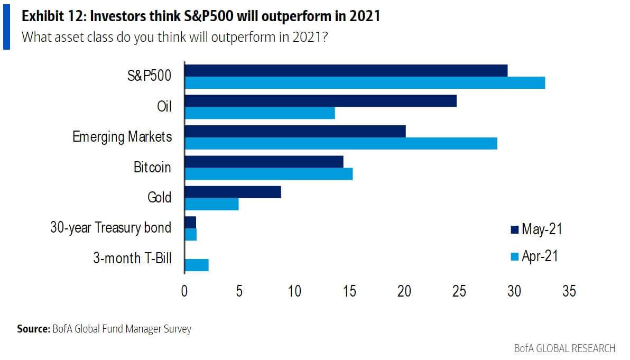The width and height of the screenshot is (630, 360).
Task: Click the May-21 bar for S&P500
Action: pos(346,70)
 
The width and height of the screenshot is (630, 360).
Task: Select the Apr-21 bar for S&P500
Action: pos(365,82)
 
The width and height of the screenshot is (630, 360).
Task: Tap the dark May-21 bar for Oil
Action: pos(320,101)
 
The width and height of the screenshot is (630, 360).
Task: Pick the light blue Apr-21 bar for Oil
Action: pos(260,113)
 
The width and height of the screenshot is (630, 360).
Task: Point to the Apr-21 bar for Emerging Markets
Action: pos(340,143)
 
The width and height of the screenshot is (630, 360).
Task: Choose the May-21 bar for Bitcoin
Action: pos(264,162)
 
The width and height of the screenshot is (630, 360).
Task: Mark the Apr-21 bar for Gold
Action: pos(211,204)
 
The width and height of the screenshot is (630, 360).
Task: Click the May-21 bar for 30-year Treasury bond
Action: pos(190,223)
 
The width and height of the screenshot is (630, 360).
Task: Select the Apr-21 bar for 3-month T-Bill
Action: pos(196,265)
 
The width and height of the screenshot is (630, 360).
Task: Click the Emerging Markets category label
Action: pos(122,136)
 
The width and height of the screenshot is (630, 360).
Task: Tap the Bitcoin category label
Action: pos(152,167)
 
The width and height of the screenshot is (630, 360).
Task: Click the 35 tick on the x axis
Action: pos(569,291)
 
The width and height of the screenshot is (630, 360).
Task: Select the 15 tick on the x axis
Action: pos(349,291)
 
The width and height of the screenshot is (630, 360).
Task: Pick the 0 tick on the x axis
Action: pos(184,291)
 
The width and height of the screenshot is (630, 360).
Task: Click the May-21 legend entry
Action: pos(535,229)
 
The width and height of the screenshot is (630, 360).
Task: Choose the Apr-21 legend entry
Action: pos(534,256)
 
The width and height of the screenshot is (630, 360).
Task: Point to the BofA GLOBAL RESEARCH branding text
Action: pos(564,348)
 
